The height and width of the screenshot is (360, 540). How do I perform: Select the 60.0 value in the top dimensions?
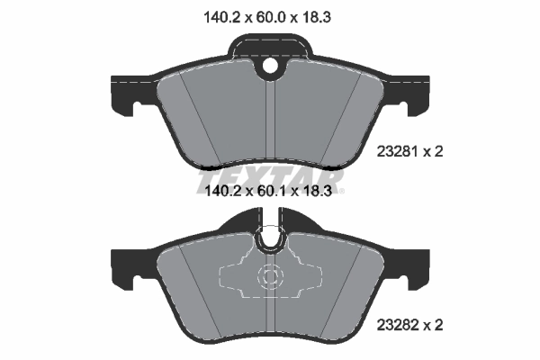pyautogui.click(x=269, y=14)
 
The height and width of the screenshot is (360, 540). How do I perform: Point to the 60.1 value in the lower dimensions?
pyautogui.click(x=269, y=191)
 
